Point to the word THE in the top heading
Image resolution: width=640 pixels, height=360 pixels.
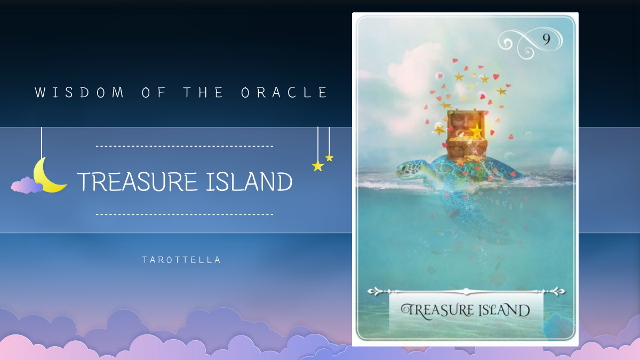click(x=205, y=93)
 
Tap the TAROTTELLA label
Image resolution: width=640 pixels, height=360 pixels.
click(x=181, y=260)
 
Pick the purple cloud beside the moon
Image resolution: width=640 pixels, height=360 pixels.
click(x=27, y=185)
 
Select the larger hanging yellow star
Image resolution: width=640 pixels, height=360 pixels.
click(x=318, y=166)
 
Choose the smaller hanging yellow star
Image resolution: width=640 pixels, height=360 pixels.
click(x=329, y=158)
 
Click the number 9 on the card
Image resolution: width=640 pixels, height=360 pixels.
click(x=546, y=39)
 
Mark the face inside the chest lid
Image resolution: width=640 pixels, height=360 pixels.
click(x=461, y=125)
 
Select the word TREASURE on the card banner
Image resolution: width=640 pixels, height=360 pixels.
click(x=438, y=310)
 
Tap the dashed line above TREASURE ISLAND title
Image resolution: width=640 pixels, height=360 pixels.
click(x=184, y=146)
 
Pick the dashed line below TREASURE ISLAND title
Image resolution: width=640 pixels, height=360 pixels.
click(x=184, y=214)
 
